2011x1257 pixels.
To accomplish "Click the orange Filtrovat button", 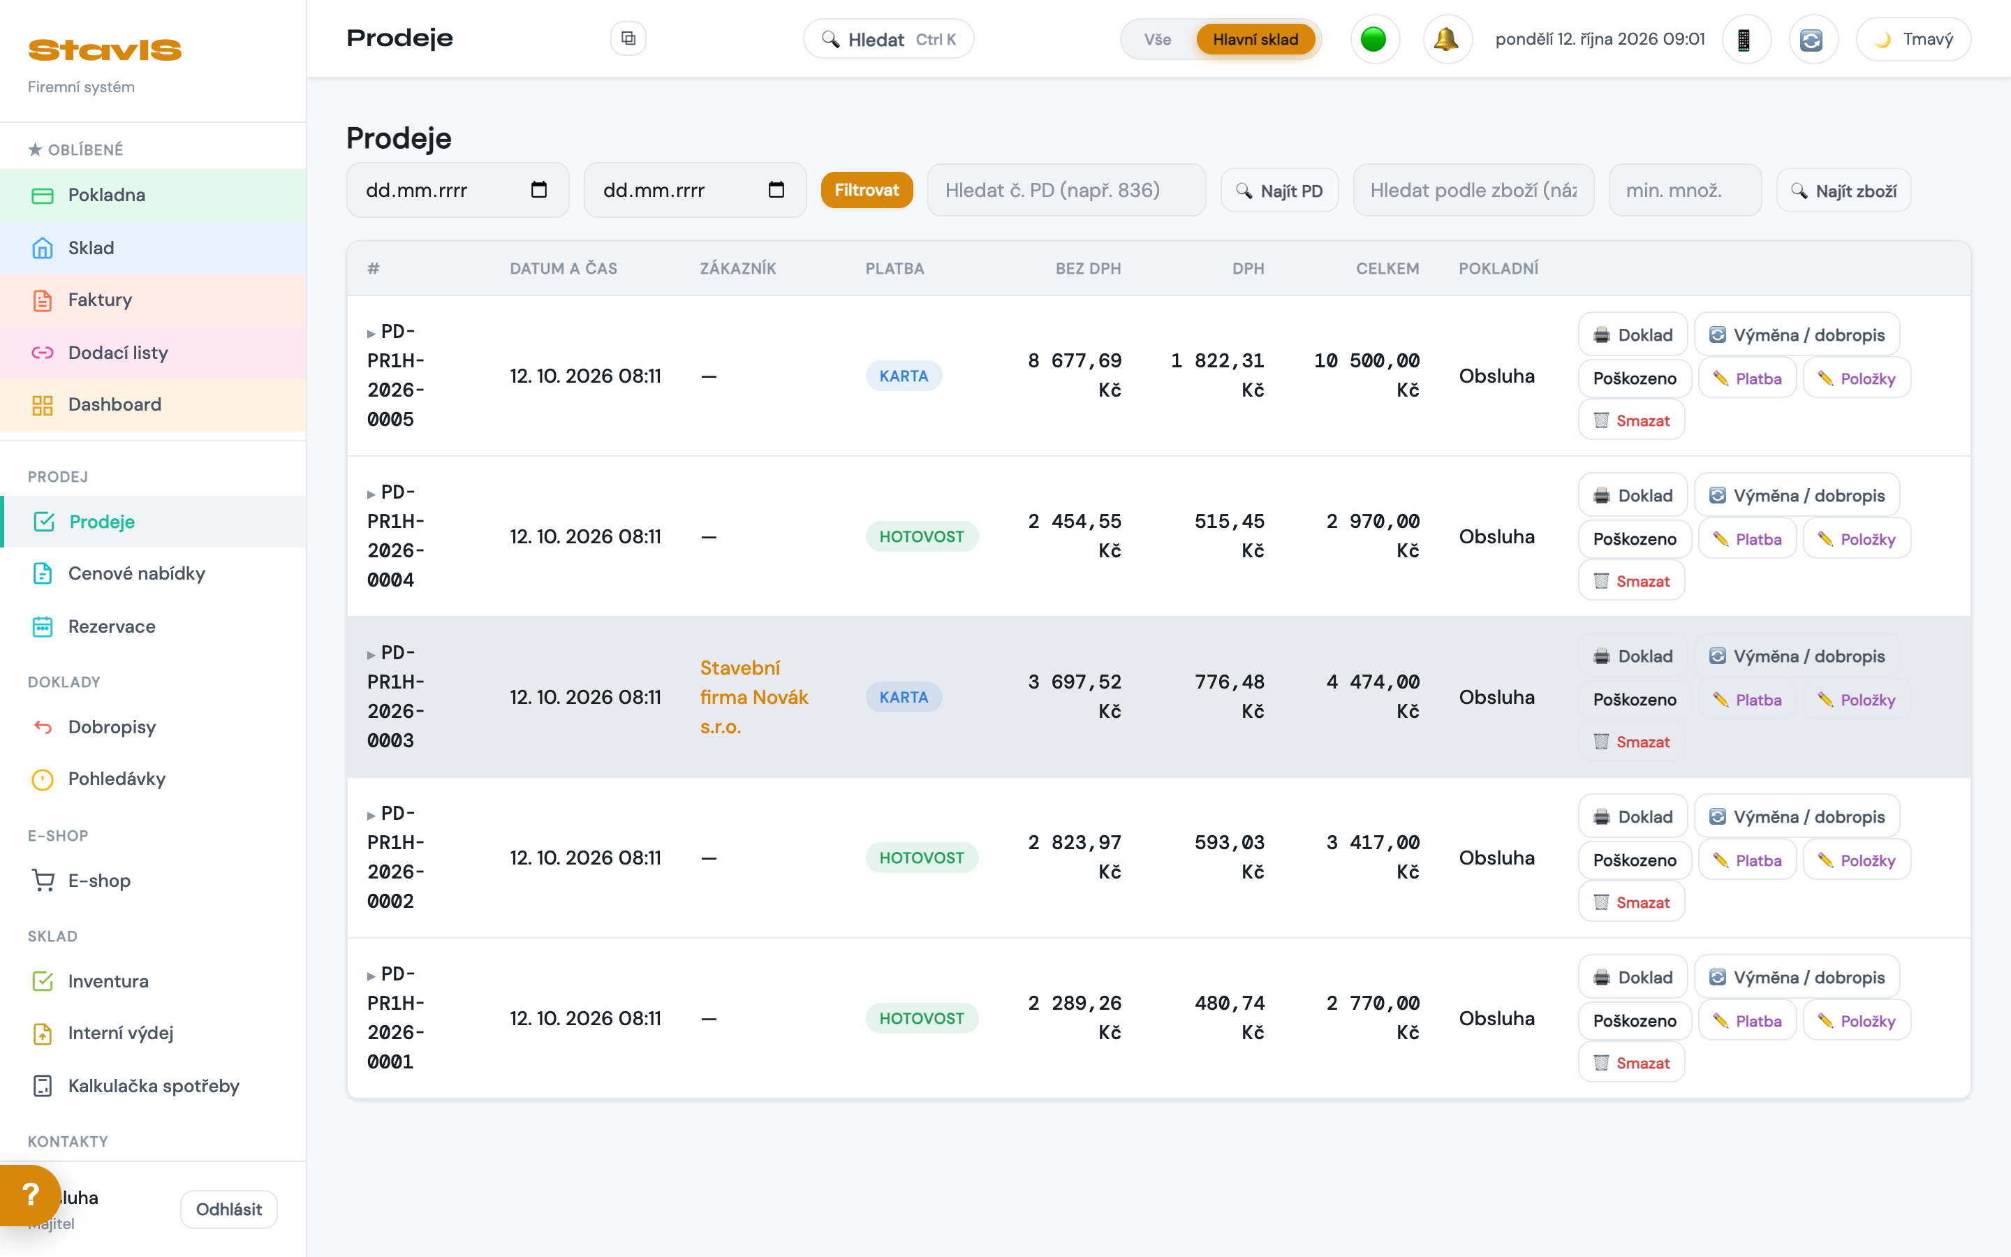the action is tap(866, 191).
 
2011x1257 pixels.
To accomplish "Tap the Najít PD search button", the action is tap(1279, 191).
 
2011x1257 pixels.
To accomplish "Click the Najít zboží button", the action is tap(1843, 191).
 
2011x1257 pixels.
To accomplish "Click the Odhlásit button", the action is tap(228, 1209).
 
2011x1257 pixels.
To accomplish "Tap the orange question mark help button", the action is tap(30, 1195).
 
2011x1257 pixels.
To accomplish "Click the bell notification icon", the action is tap(1447, 39).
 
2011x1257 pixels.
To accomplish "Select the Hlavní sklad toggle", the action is tap(1255, 39).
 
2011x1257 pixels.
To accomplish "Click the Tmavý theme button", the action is tap(1913, 39).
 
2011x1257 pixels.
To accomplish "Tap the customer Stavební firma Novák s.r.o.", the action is tap(753, 697).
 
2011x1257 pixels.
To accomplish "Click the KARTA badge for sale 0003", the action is tap(904, 697).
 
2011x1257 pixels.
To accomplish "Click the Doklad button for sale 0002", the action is tap(1632, 816).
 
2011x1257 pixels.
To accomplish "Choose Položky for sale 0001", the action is tap(1857, 1021).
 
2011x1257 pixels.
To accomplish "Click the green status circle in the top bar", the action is tap(1373, 39).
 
